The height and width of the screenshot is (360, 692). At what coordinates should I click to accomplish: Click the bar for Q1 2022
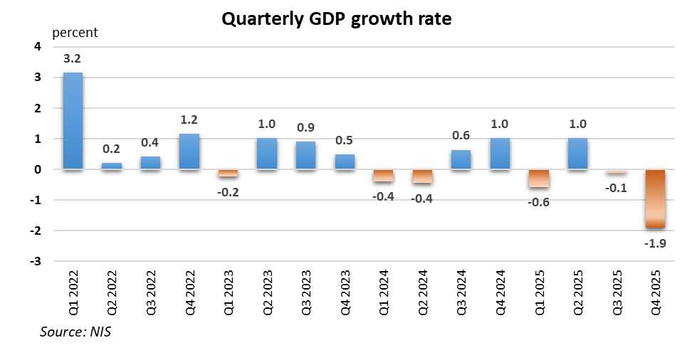(73, 121)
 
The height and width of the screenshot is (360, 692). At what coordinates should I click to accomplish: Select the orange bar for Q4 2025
(655, 198)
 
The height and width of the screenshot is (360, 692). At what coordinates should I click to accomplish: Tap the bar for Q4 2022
(189, 152)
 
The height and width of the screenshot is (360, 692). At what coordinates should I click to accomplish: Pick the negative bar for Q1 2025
(538, 179)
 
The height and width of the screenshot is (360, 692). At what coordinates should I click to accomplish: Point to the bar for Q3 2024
(461, 160)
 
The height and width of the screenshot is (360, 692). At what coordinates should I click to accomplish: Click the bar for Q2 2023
(266, 154)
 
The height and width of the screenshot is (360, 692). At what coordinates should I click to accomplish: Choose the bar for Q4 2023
(345, 162)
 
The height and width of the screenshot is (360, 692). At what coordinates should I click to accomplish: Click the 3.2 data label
(73, 59)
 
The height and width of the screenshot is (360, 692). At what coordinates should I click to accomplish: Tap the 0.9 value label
(305, 128)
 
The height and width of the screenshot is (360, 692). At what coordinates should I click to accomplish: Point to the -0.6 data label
(538, 201)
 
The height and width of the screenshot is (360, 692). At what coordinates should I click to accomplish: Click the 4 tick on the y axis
(38, 47)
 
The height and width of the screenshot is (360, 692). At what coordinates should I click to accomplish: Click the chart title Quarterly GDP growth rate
(336, 19)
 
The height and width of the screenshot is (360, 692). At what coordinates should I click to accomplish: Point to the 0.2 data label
(112, 150)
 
